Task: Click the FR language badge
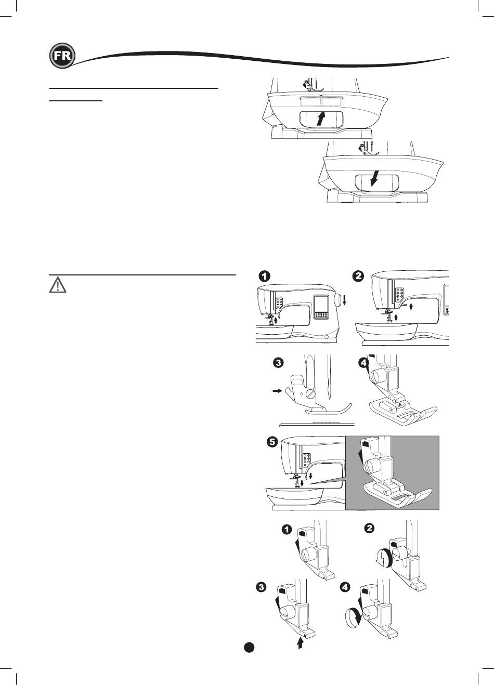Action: [61, 56]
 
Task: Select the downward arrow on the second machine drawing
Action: [373, 179]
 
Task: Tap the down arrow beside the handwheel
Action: [344, 302]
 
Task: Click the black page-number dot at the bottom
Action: [249, 647]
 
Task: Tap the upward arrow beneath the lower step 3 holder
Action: [300, 644]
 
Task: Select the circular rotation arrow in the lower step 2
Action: [383, 558]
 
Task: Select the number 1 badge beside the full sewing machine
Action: [265, 276]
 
